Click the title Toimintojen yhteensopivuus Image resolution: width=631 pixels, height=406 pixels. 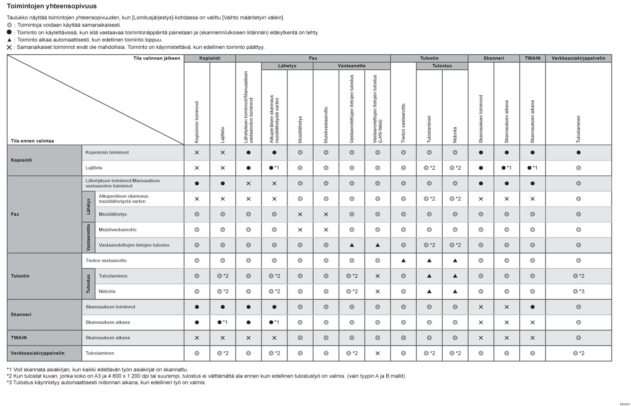[52, 6]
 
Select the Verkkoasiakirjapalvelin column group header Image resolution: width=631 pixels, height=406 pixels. [578, 58]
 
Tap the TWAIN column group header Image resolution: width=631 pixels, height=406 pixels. [532, 58]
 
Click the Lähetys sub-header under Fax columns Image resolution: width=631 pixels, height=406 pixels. [287, 66]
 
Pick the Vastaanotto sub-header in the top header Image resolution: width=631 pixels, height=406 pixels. [352, 66]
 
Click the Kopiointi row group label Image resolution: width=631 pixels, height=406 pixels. [21, 160]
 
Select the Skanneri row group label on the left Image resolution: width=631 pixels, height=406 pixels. [21, 314]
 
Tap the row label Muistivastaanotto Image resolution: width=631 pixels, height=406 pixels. [117, 230]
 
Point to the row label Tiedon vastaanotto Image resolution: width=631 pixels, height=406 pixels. [106, 260]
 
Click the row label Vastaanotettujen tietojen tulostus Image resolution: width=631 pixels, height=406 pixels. [134, 245]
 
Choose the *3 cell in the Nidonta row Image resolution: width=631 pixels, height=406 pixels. [578, 291]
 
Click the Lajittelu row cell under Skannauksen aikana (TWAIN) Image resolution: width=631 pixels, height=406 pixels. [532, 168]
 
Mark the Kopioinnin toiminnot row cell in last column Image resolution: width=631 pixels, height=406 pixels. [578, 152]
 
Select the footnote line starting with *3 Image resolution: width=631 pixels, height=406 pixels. [106, 382]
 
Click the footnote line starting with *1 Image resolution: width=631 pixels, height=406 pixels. [97, 369]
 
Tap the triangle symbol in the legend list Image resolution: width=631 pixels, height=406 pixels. [9, 40]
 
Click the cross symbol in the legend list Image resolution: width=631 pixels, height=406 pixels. [9, 47]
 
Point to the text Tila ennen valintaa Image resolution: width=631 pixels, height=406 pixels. [32, 141]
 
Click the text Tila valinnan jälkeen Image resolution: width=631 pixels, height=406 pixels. [157, 58]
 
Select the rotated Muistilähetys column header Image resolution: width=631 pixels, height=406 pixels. [300, 129]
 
